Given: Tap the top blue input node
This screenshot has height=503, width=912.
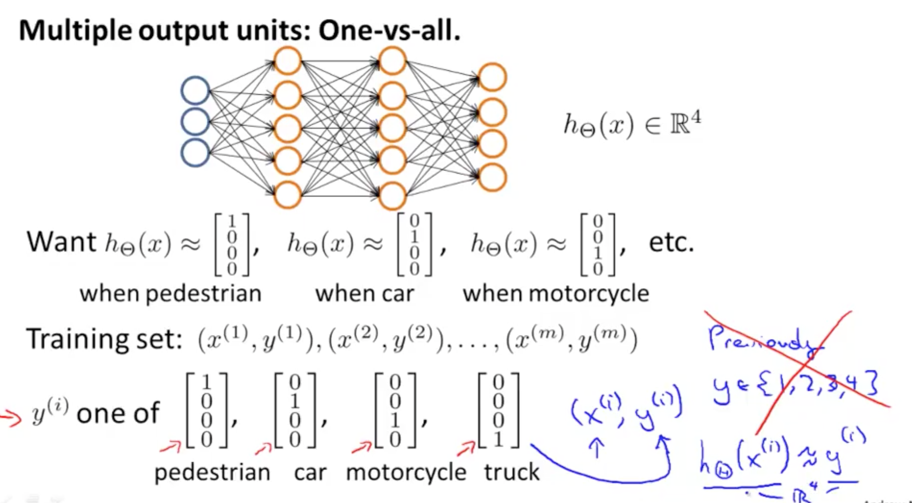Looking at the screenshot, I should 195,90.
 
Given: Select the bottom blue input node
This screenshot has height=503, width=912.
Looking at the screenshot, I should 195,153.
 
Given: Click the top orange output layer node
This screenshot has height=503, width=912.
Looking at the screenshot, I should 492,77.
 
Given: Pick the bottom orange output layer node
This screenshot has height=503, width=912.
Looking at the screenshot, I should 492,177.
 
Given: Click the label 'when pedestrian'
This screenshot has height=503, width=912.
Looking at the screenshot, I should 171,293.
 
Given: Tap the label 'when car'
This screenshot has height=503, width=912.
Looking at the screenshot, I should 364,293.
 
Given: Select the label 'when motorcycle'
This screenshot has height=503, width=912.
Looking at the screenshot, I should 556,293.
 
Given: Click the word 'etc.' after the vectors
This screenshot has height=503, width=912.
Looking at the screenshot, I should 671,243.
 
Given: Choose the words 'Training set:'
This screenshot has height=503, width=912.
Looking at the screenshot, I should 104,339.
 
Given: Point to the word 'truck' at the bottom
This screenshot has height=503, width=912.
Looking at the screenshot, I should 511,472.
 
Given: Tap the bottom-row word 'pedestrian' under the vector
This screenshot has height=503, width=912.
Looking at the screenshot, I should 212,472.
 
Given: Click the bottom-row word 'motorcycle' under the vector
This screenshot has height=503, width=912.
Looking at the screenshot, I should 406,472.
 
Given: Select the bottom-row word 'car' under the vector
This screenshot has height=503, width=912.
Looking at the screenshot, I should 310,472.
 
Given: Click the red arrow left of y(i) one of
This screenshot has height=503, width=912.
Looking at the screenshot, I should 11,418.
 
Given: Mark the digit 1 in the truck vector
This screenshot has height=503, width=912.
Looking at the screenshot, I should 498,439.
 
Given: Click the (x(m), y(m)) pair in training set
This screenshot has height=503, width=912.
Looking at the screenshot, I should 571,339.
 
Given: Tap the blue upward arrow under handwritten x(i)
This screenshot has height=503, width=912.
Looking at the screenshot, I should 597,448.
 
